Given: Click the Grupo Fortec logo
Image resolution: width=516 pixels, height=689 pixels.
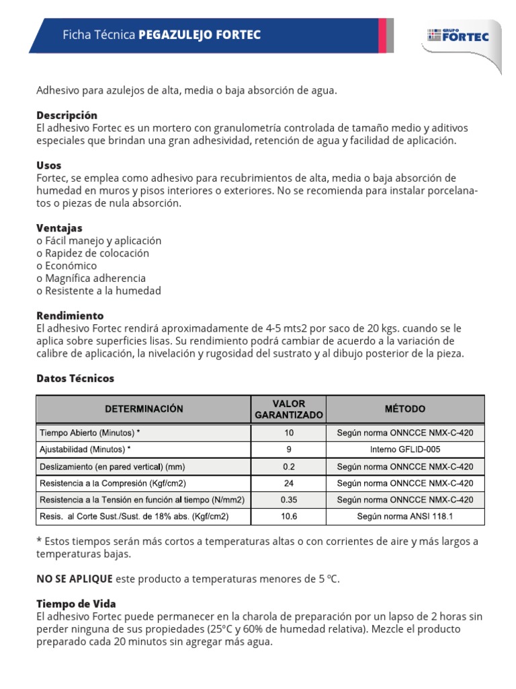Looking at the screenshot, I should tap(458, 35).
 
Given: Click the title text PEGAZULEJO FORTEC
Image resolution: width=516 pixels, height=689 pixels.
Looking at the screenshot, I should tap(200, 35).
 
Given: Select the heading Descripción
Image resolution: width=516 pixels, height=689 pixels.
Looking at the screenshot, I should tap(67, 115).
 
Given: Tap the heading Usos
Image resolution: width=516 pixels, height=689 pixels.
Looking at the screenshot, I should tap(48, 165).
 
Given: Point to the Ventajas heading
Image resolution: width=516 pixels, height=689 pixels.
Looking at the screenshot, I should tap(59, 228).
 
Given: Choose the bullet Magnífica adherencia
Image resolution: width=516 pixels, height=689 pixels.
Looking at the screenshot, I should tap(91, 278).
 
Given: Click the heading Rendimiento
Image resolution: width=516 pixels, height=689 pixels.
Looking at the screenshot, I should tap(70, 316).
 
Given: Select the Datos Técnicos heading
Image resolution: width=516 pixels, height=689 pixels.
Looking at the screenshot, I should tap(75, 378).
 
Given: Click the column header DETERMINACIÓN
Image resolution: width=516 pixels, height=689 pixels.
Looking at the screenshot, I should tap(143, 408).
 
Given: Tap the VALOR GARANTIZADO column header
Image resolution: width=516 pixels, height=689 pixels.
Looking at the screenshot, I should tap(289, 409).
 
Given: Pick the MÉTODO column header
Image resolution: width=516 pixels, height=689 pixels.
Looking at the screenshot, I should tap(404, 408).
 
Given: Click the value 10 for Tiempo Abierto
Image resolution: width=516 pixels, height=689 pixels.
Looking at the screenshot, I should tap(289, 433).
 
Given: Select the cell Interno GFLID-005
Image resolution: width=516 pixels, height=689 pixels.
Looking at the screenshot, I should tap(404, 449).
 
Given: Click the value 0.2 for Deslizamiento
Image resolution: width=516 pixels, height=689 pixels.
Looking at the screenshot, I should tap(289, 466).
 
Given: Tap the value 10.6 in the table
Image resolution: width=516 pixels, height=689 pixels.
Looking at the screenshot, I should tap(289, 517).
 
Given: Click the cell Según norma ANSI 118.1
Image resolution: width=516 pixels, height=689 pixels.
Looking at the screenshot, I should tap(404, 517).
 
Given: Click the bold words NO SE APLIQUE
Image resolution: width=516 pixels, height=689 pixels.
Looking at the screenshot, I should tap(74, 579).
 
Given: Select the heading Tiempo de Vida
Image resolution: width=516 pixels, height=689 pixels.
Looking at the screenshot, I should tap(76, 604).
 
